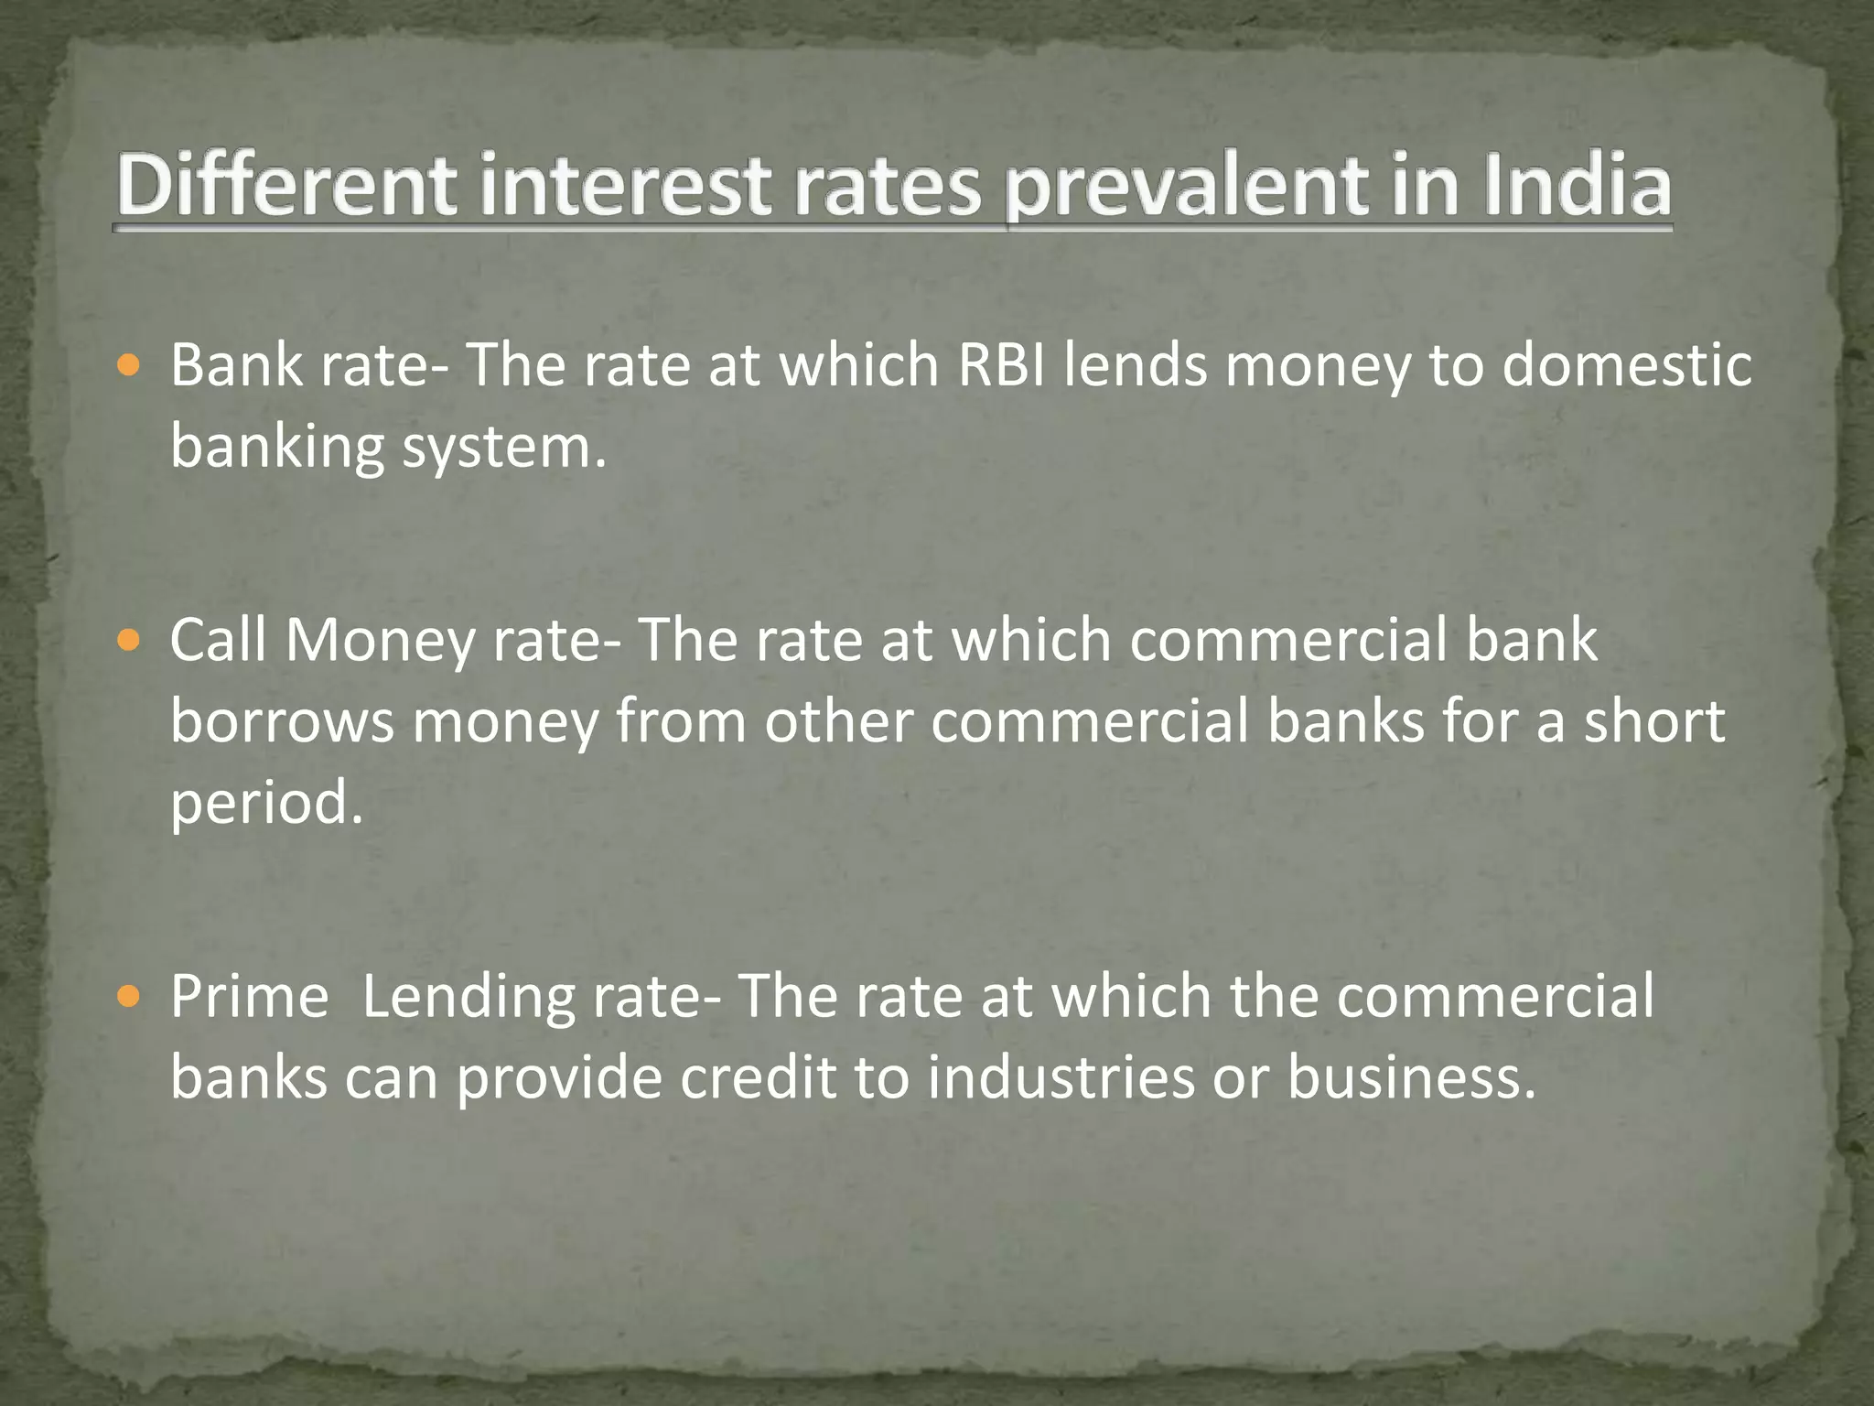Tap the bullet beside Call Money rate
pos(129,641)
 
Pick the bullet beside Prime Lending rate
pos(129,997)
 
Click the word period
pos(266,804)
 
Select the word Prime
pos(250,996)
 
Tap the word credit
pos(759,1077)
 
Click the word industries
pos(1061,1077)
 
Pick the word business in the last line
pos(1410,1077)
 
